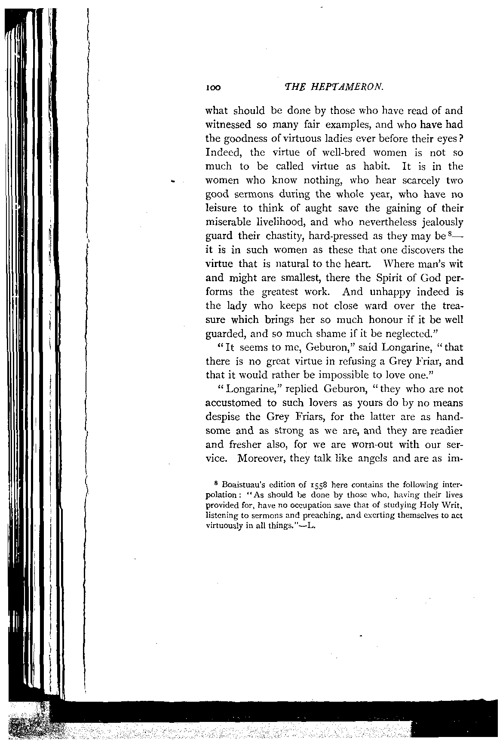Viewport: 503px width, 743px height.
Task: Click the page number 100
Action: pos(213,87)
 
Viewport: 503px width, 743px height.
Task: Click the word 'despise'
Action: pos(224,417)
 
